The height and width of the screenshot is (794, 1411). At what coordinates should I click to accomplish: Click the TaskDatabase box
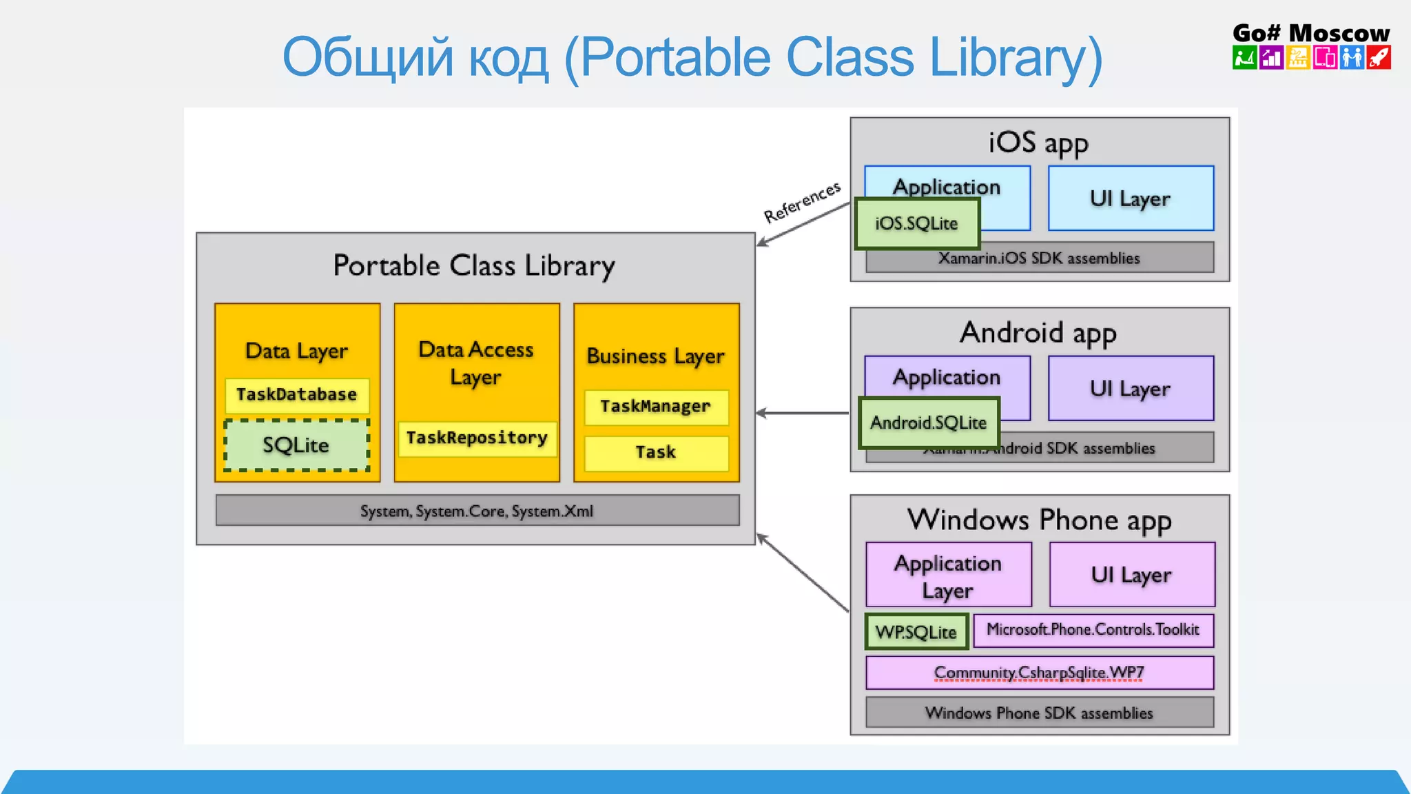click(297, 395)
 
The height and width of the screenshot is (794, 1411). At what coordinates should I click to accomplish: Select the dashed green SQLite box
click(296, 445)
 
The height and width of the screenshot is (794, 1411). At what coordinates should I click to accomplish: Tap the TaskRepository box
click(477, 438)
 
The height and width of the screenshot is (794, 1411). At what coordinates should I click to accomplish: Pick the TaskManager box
click(656, 407)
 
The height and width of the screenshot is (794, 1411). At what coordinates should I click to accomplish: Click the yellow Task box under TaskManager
click(656, 453)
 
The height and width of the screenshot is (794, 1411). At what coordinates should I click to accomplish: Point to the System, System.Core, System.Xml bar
click(477, 511)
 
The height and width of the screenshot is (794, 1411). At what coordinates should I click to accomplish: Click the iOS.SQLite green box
click(916, 223)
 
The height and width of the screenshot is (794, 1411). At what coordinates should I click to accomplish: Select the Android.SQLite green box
click(928, 423)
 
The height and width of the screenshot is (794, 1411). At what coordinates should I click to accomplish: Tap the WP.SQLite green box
click(916, 631)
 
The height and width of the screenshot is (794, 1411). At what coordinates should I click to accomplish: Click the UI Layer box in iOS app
click(1131, 198)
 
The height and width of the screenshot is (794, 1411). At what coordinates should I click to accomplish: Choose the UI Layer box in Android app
click(1131, 388)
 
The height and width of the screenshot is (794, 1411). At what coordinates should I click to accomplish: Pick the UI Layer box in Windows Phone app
click(1131, 574)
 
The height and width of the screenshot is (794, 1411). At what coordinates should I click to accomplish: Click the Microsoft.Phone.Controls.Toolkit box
click(1093, 630)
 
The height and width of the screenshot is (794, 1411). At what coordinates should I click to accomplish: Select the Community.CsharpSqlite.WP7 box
click(1039, 673)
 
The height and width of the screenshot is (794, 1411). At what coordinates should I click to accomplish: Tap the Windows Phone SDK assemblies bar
click(1039, 713)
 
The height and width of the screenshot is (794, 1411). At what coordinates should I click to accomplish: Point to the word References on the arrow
click(803, 202)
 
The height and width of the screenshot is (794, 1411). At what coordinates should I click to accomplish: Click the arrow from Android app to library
click(803, 413)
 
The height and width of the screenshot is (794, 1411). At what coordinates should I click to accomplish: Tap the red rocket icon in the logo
click(1379, 58)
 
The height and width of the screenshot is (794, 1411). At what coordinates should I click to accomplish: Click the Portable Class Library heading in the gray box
click(474, 266)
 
